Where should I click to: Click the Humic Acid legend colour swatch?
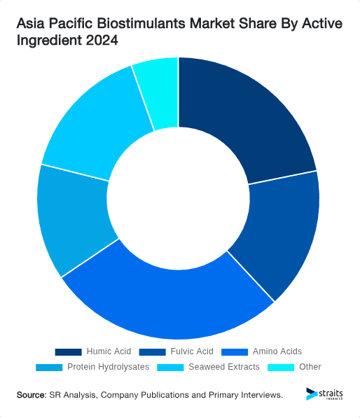(68, 351)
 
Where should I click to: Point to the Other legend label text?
(310, 367)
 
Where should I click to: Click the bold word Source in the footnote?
(31, 396)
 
